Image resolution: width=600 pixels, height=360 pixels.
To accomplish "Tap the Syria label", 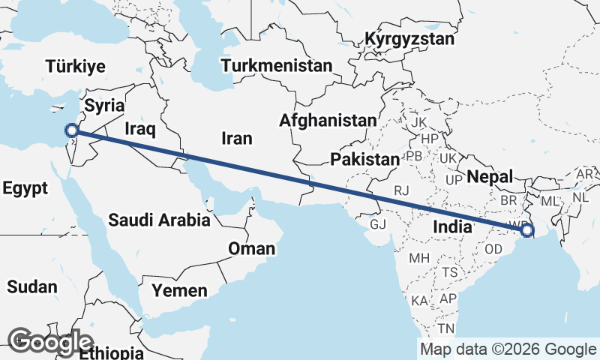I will pos(103,103).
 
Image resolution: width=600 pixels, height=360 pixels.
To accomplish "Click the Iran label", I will pos(236,138).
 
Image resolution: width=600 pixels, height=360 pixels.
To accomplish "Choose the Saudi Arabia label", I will pos(159,220).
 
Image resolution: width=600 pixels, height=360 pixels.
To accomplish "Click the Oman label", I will pos(252,248).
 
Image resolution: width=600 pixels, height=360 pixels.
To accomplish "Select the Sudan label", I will pos(31,286).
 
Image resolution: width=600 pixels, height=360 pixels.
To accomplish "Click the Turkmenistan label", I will pos(277,65).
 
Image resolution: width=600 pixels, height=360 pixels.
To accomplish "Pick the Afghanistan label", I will pos(328,120).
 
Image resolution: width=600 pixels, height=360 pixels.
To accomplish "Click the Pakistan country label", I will pos(364,159).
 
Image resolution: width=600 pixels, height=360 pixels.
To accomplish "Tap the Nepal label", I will pos(489,177).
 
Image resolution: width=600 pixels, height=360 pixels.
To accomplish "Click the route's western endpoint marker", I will pos(72,130).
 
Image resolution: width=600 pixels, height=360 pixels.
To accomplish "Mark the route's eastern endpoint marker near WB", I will pos(526,231).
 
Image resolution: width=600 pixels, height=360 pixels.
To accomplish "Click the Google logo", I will pos(50,341).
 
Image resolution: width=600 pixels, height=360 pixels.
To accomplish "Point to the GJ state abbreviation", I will pos(379,224).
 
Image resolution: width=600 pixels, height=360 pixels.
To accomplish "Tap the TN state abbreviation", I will pos(447,328).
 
